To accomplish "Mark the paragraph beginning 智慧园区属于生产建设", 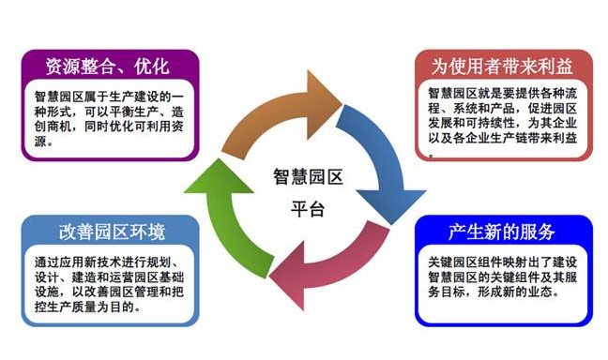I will pyautogui.click(x=107, y=114).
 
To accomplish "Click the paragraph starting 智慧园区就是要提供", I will pyautogui.click(x=500, y=120).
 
